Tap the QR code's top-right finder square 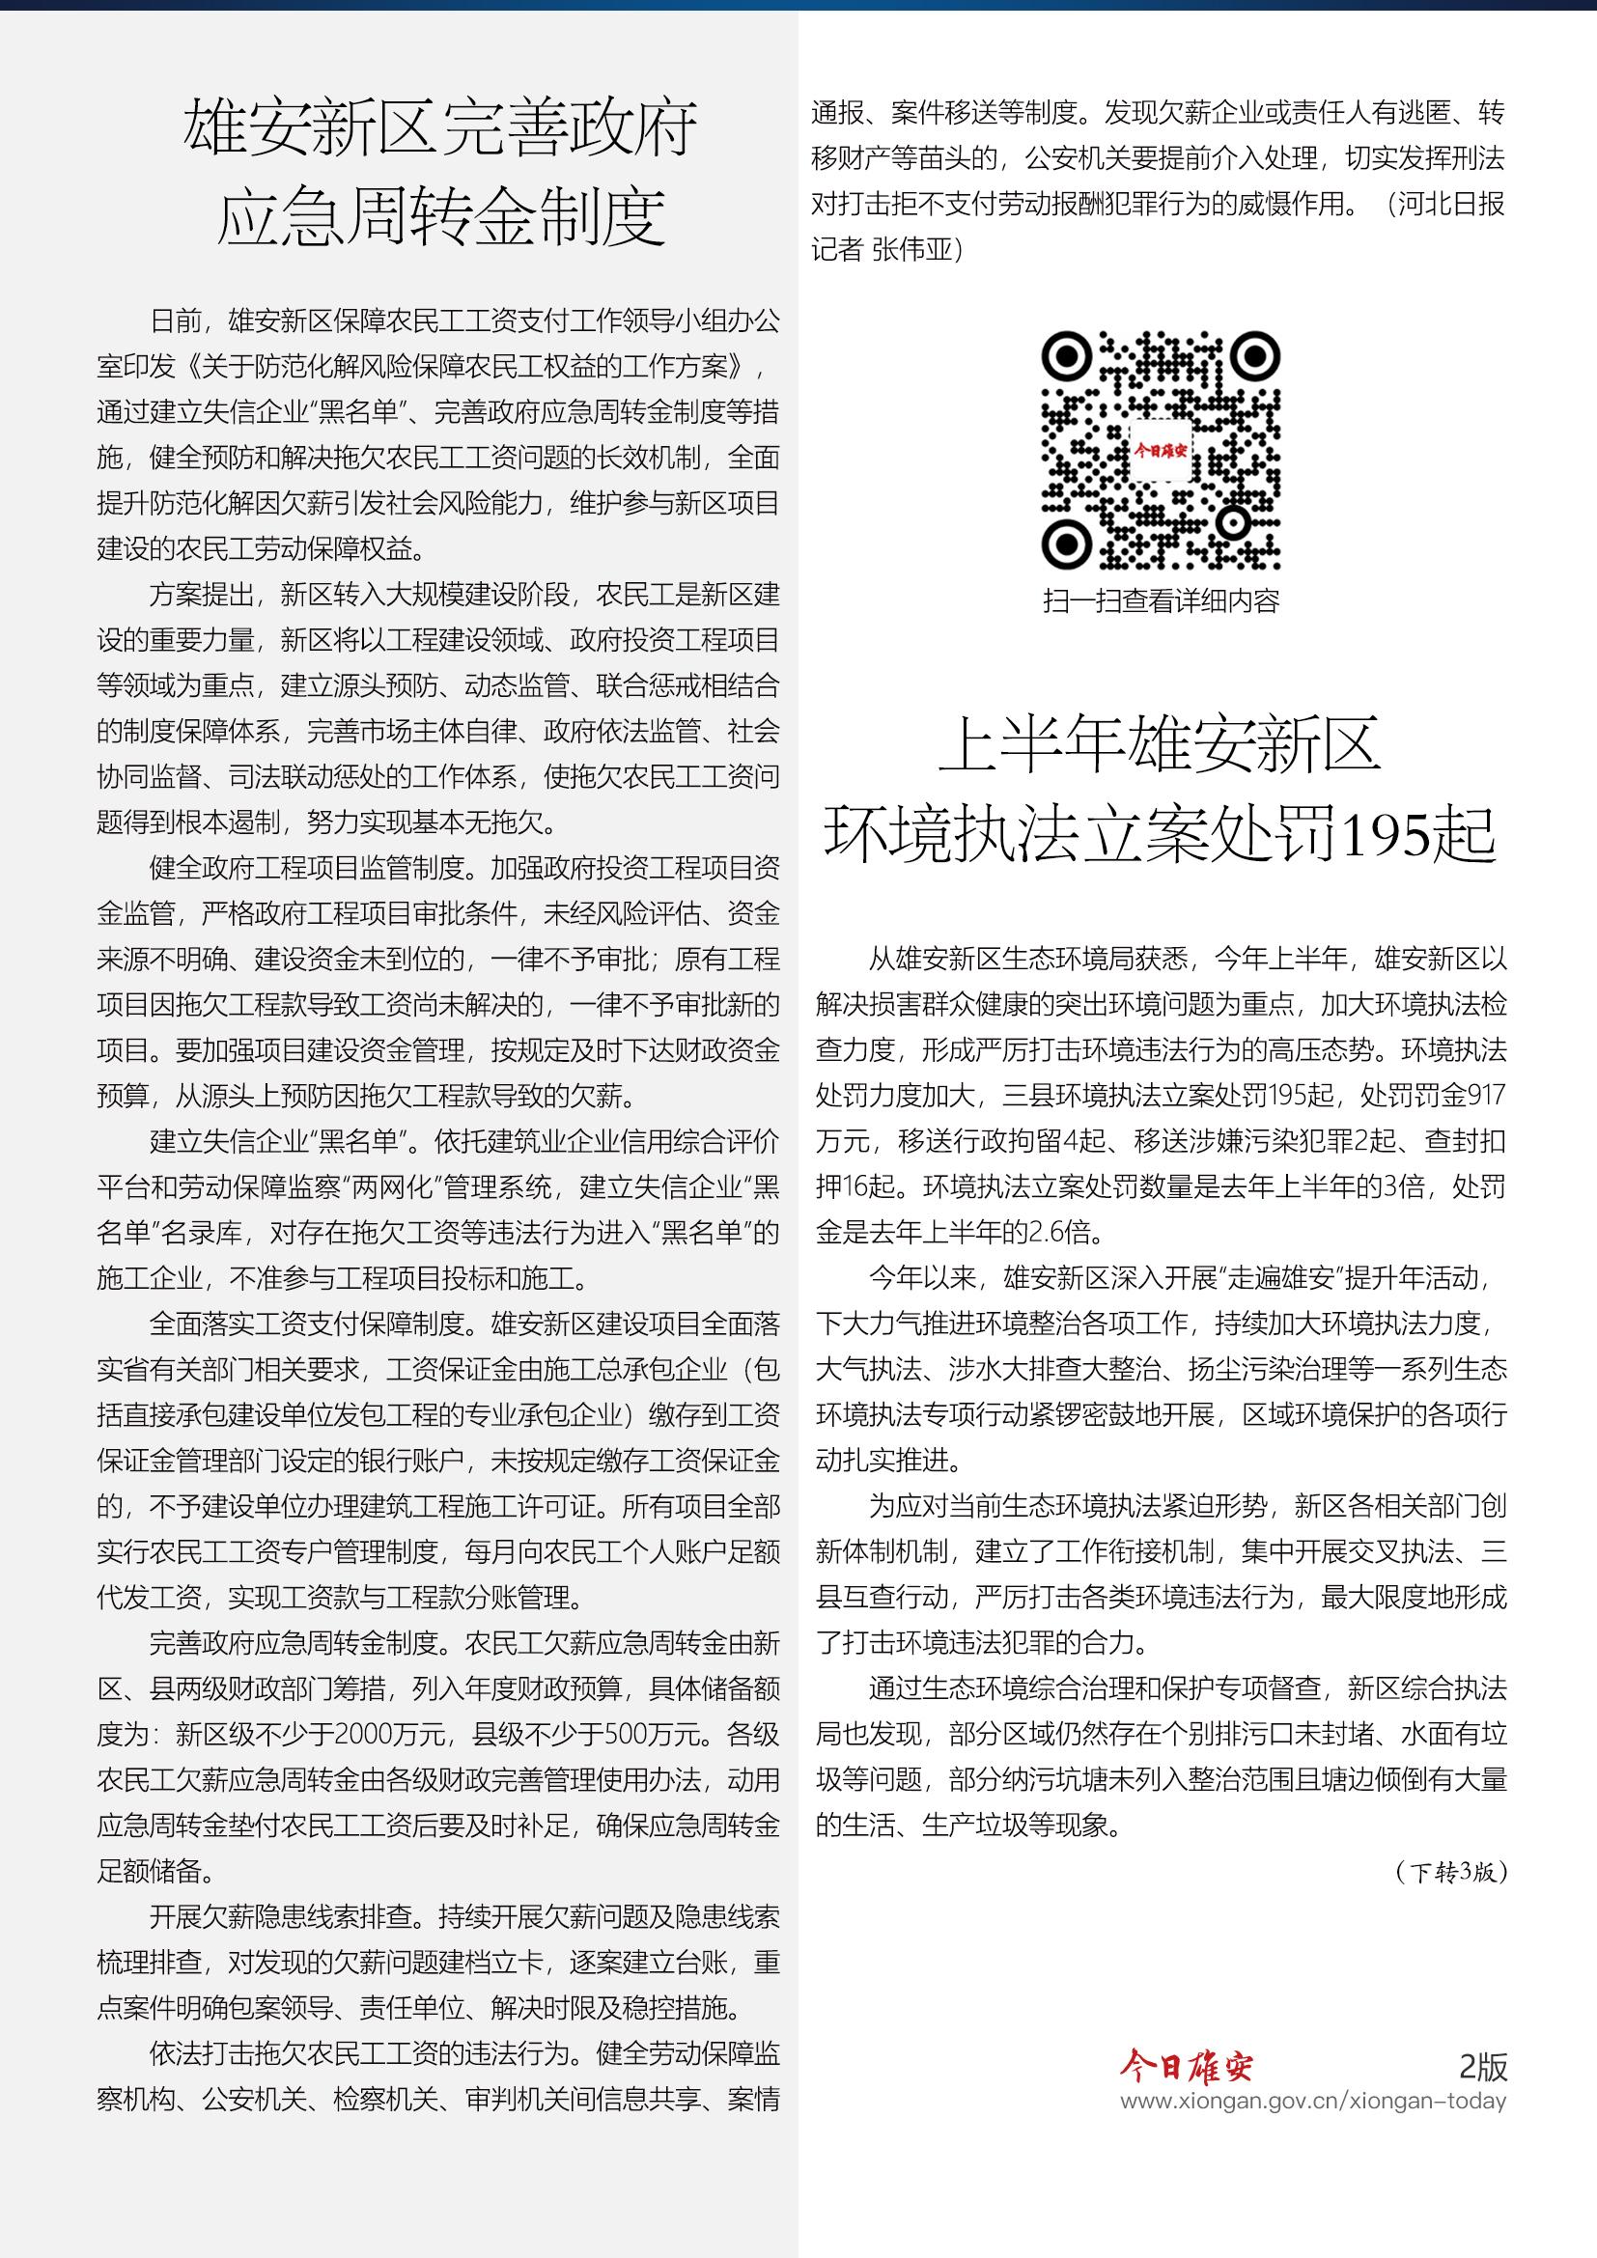1255,357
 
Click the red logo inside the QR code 1161,452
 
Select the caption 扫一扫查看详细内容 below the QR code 1161,600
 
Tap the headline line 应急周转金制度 440,217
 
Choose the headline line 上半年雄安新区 1161,745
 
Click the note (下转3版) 1450,1872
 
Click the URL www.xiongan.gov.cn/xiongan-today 1313,2101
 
